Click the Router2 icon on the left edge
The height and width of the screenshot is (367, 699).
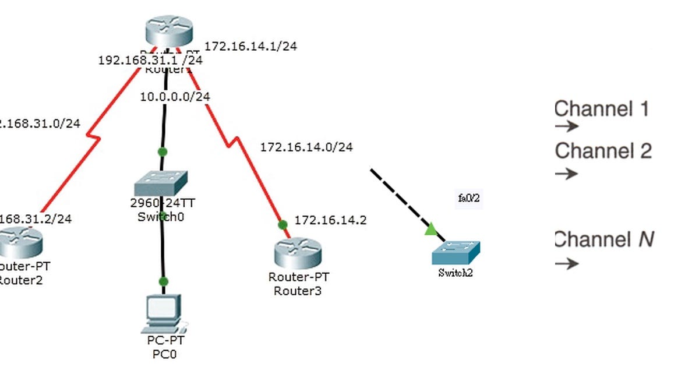tap(20, 242)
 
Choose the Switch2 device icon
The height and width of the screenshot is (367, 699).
tap(456, 252)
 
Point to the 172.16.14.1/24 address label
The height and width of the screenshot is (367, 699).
tap(251, 46)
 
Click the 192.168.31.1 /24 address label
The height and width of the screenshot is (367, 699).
tap(150, 60)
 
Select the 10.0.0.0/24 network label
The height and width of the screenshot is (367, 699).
tap(175, 97)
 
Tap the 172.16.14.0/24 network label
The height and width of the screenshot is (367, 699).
tap(306, 147)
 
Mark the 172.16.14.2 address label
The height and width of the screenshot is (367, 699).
tap(330, 220)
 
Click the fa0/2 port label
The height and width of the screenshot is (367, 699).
tap(469, 199)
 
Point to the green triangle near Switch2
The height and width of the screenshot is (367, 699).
tap(430, 230)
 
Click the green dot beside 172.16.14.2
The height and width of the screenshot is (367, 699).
tap(283, 224)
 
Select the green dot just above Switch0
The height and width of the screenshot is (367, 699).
tap(163, 152)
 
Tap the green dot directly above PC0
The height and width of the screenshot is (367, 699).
tap(164, 281)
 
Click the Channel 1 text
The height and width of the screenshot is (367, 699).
tap(602, 109)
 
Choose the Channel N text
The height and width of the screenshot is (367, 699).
tap(604, 239)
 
